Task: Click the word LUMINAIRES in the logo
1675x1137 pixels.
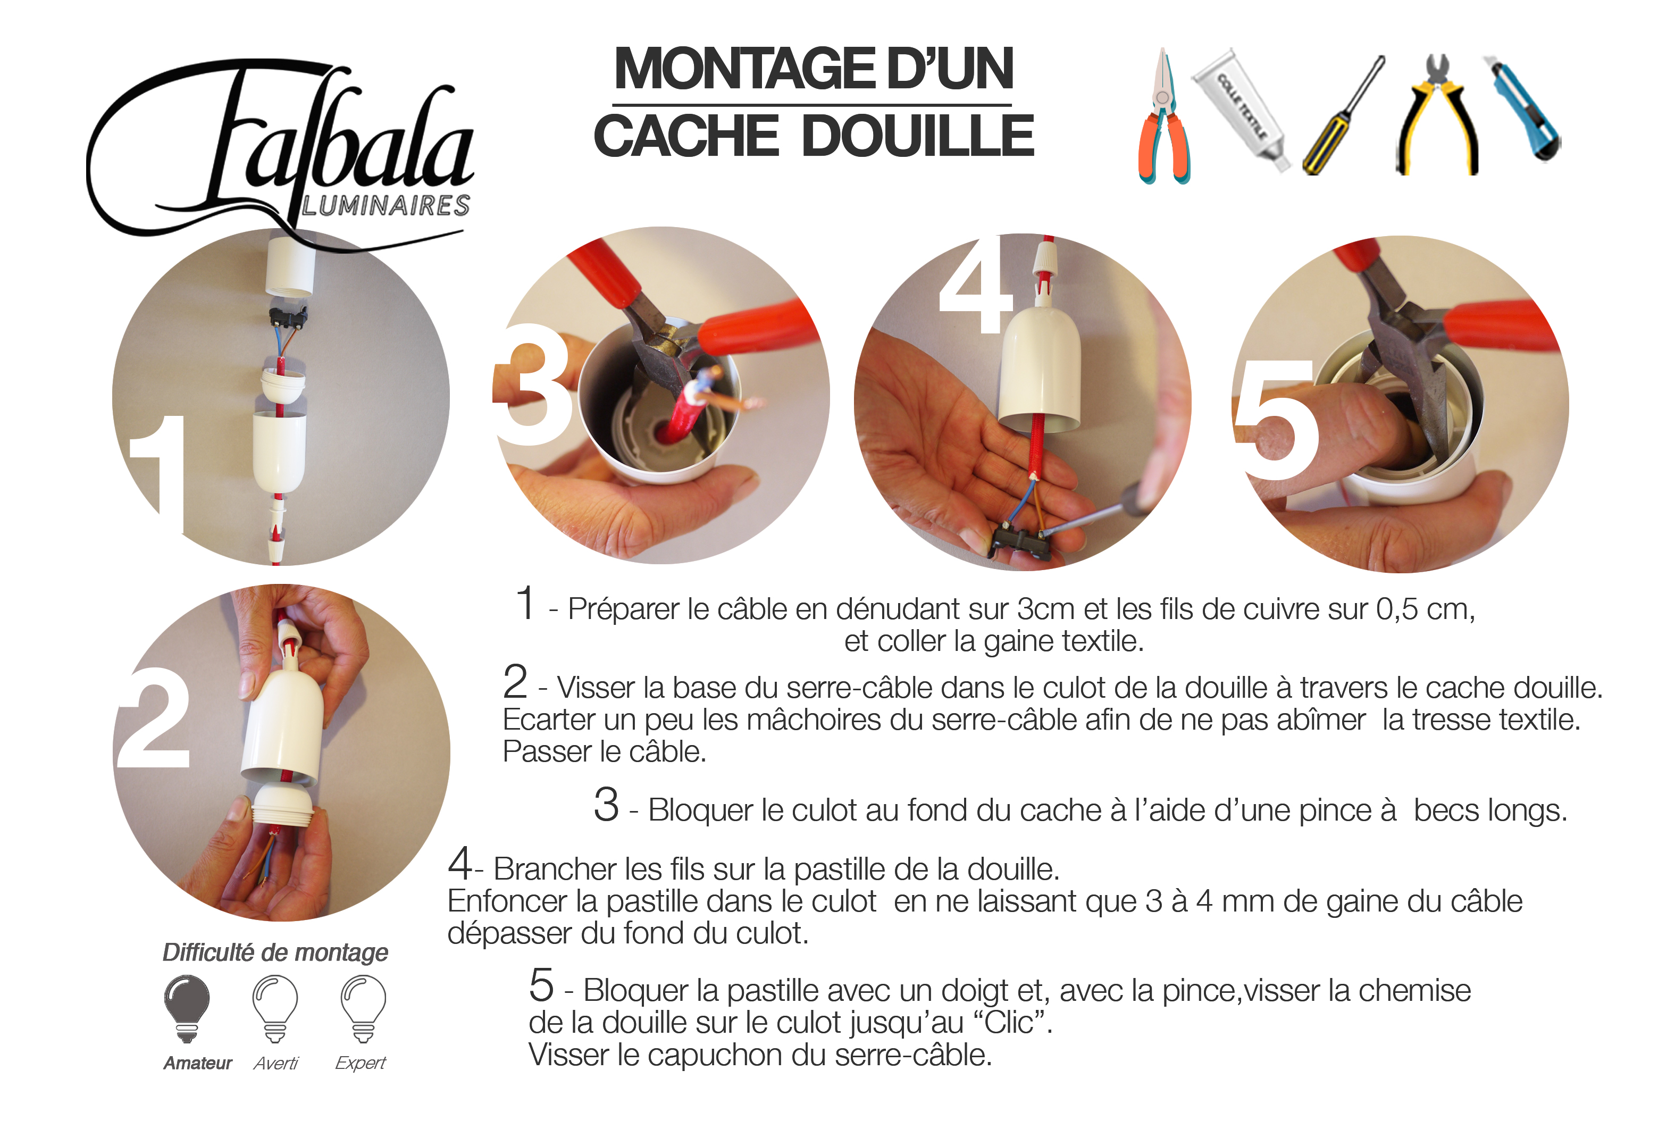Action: (386, 205)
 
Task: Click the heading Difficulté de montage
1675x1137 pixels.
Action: (275, 952)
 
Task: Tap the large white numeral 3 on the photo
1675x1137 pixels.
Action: (534, 383)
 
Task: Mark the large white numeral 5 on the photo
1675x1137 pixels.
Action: (1276, 418)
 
